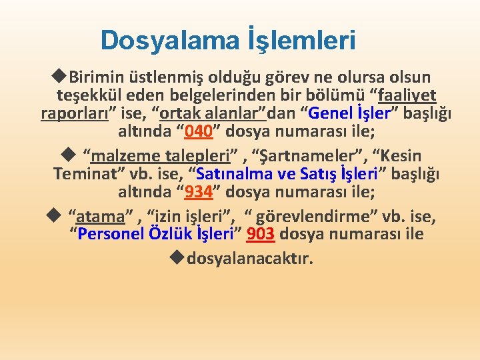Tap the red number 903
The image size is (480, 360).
261,235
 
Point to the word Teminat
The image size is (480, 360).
84,175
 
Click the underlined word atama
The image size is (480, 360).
101,217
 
